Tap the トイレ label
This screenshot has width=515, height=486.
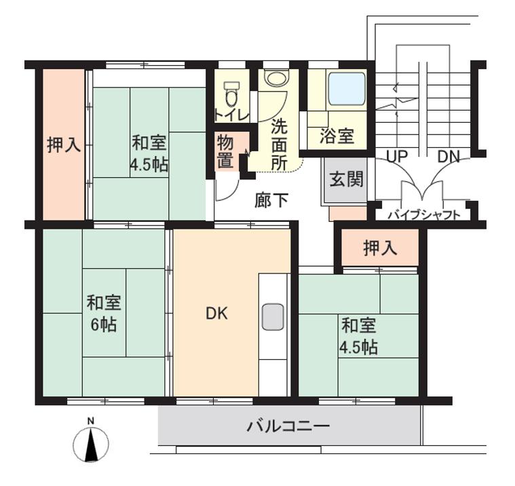click(231, 113)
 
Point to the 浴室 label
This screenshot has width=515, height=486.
click(337, 136)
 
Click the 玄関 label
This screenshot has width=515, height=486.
click(346, 179)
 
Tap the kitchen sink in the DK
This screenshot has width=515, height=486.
click(273, 316)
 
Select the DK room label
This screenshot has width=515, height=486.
click(216, 314)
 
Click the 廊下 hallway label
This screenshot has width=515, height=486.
click(271, 200)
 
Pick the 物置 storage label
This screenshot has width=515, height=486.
click(226, 151)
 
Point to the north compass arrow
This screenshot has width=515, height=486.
click(91, 445)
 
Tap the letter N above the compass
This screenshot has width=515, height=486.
click(91, 420)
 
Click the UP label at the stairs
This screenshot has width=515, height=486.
click(396, 156)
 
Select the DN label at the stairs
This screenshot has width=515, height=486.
click(449, 156)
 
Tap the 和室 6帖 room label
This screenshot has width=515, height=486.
click(104, 313)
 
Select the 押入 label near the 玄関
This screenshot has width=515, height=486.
click(380, 248)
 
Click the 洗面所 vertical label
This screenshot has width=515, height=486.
click(279, 144)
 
